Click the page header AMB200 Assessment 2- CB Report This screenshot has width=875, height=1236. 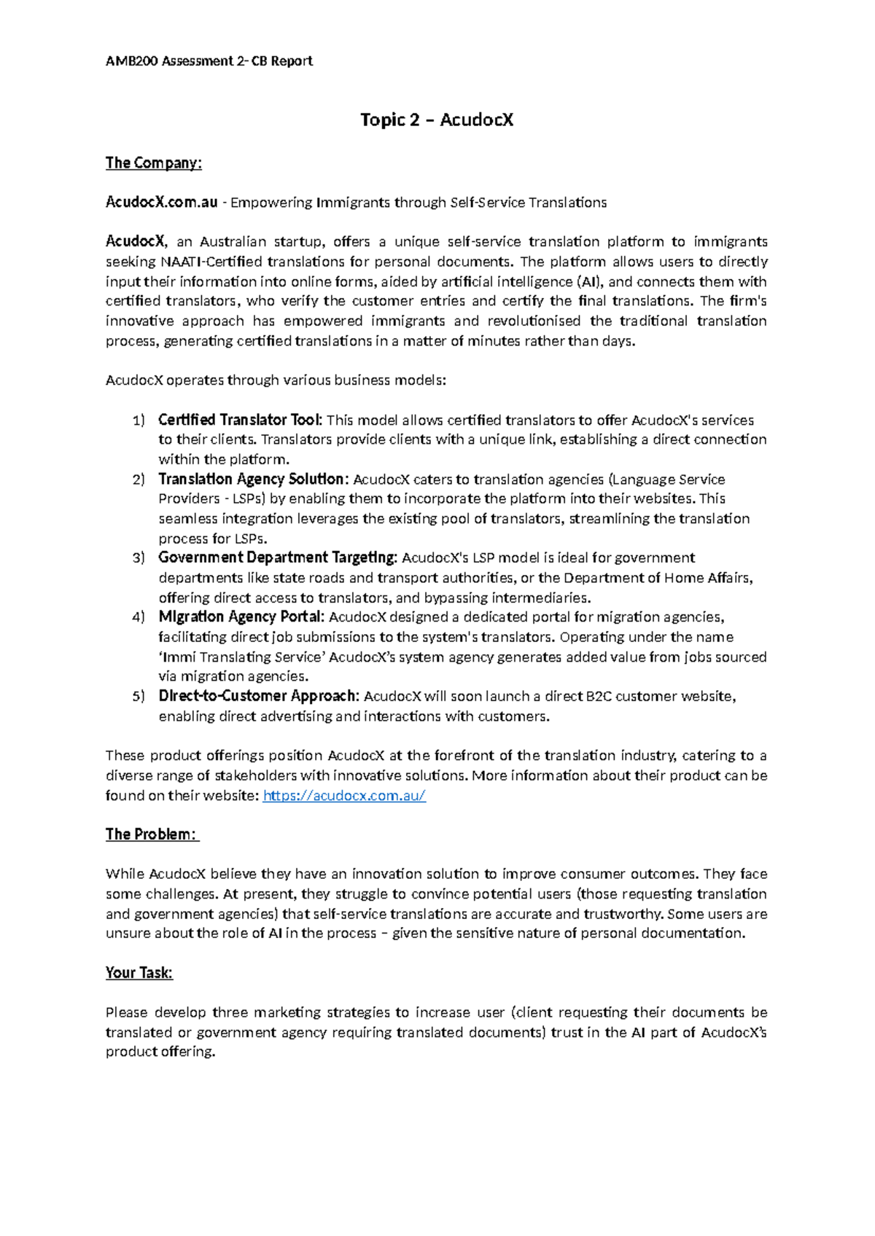(209, 61)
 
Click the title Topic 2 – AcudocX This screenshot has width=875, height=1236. (437, 120)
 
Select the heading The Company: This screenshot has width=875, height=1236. (153, 163)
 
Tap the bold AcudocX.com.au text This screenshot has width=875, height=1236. (161, 202)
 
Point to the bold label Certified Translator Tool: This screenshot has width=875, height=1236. (240, 420)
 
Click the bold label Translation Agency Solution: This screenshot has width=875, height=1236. (254, 479)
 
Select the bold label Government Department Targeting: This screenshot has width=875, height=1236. (278, 558)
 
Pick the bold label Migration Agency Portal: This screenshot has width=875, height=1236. (241, 617)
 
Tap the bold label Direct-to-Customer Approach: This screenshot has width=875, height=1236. (259, 696)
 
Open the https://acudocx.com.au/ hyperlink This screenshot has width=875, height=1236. (343, 795)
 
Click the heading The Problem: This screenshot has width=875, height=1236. (152, 834)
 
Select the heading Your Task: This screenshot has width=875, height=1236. (139, 973)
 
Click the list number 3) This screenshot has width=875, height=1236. (139, 558)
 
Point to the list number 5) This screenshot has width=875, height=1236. (139, 697)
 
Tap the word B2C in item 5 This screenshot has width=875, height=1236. (599, 696)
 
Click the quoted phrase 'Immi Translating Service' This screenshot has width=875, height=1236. (241, 657)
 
